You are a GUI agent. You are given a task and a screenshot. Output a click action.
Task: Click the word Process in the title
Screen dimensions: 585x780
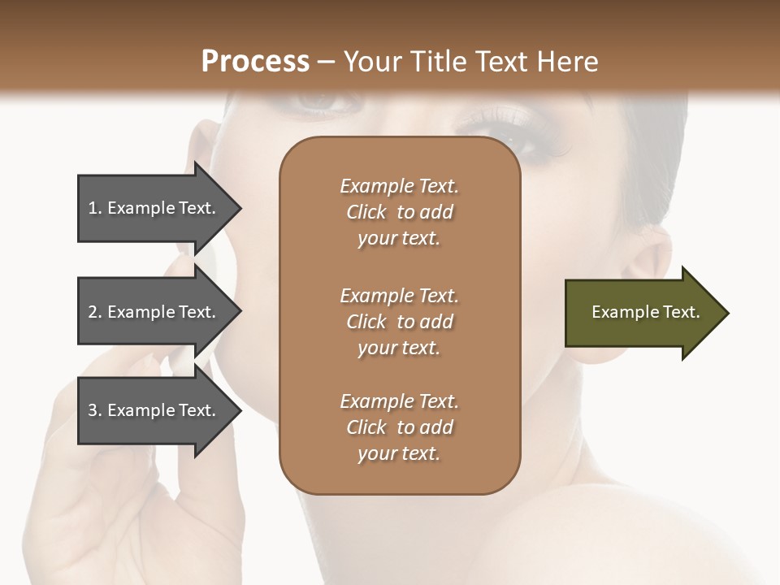pyautogui.click(x=255, y=62)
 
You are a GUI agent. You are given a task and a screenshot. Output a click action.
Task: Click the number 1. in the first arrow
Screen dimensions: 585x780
pyautogui.click(x=94, y=208)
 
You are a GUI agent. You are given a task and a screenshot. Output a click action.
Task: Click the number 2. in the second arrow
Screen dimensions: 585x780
pyautogui.click(x=94, y=312)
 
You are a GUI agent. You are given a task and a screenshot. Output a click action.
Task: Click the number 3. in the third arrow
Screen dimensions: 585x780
pyautogui.click(x=94, y=410)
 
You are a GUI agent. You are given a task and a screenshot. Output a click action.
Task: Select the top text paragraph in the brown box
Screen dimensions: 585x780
pyautogui.click(x=399, y=212)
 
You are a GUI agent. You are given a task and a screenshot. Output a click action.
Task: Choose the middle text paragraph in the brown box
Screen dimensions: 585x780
pyautogui.click(x=399, y=322)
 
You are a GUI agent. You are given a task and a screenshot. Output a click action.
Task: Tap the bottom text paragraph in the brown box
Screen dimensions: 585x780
pyautogui.click(x=399, y=427)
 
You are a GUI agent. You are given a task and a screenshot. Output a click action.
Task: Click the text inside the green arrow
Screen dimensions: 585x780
pyautogui.click(x=645, y=312)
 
